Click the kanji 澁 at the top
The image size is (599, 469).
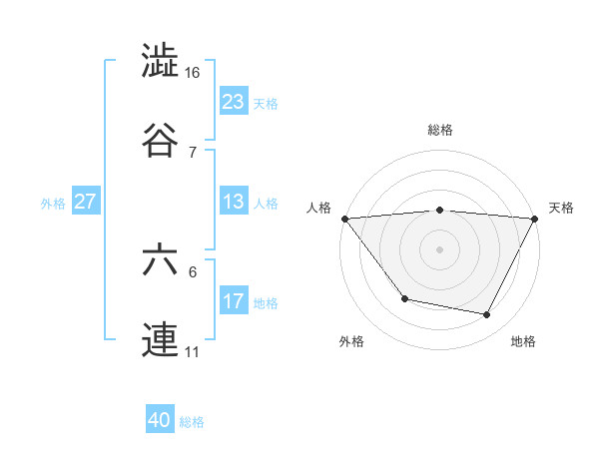click(161, 62)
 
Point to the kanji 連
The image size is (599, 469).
click(161, 340)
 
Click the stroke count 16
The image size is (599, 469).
click(194, 73)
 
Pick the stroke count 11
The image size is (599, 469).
click(194, 352)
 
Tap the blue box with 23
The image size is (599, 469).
click(233, 102)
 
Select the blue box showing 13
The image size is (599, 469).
click(233, 202)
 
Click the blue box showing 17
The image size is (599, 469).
click(233, 301)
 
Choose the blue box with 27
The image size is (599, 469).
click(85, 202)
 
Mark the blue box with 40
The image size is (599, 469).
click(160, 421)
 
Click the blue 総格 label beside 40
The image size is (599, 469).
click(192, 422)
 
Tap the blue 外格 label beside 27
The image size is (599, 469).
click(53, 203)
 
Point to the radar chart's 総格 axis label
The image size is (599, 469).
click(439, 130)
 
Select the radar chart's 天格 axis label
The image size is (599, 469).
click(561, 208)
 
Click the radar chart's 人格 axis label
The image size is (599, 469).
click(318, 208)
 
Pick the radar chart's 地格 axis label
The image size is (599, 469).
click(523, 341)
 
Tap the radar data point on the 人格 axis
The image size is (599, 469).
click(344, 219)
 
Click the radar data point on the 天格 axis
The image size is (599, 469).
click(535, 219)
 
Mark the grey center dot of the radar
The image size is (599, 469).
click(439, 248)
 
